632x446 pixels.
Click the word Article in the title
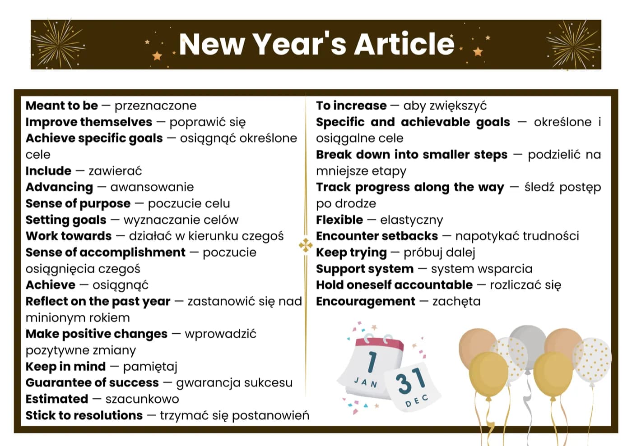pos(404,44)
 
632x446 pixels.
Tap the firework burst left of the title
pos(58,44)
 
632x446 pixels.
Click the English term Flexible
pos(339,220)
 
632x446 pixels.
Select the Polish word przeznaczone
pos(155,106)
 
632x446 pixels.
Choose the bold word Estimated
pos(57,399)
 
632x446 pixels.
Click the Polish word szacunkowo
pos(142,399)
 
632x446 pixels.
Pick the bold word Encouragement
pos(366,302)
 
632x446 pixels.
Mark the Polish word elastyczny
pos(412,220)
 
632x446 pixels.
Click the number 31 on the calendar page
pos(410,381)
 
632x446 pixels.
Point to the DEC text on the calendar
pos(417,400)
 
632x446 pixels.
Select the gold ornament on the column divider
pos(306,245)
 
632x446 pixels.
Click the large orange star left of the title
pos(157,56)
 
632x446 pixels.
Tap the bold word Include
pos(49,171)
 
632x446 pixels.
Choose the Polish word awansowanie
pos(152,188)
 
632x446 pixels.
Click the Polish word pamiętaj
pos(150,367)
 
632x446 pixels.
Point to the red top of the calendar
pos(380,345)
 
